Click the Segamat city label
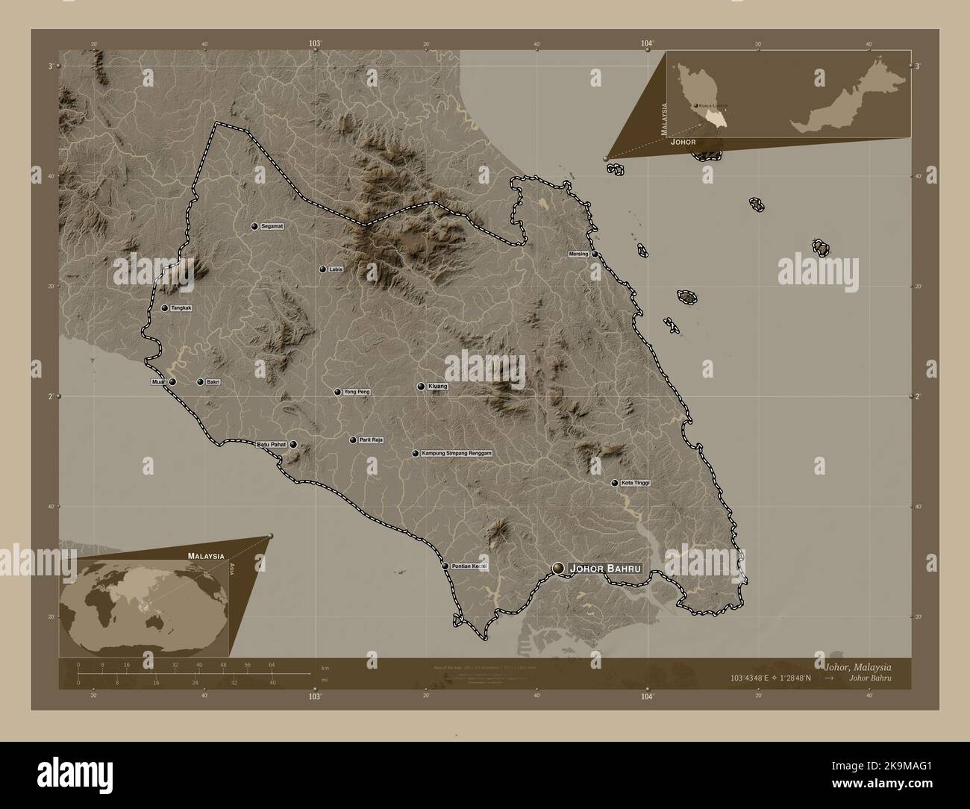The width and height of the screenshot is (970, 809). (x=274, y=226)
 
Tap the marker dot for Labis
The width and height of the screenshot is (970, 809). (x=322, y=269)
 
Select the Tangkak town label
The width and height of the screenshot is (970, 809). (x=181, y=308)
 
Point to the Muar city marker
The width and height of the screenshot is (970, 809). (x=172, y=382)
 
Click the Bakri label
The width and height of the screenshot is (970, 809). (x=213, y=382)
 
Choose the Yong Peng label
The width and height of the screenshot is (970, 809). (x=357, y=392)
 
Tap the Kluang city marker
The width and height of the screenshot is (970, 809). (x=422, y=387)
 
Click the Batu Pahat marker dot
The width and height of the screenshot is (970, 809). (x=293, y=445)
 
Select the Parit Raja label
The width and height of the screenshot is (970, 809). (x=371, y=440)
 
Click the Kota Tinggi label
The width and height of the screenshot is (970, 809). (x=636, y=484)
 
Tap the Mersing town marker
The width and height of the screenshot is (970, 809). (x=595, y=254)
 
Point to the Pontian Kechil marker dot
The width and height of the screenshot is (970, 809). (x=445, y=566)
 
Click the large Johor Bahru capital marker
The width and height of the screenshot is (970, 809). (x=558, y=569)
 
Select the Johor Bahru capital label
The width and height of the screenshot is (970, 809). (x=605, y=569)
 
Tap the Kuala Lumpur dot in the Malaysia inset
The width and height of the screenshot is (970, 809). (x=696, y=107)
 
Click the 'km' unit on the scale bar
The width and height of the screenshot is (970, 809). (x=324, y=667)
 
